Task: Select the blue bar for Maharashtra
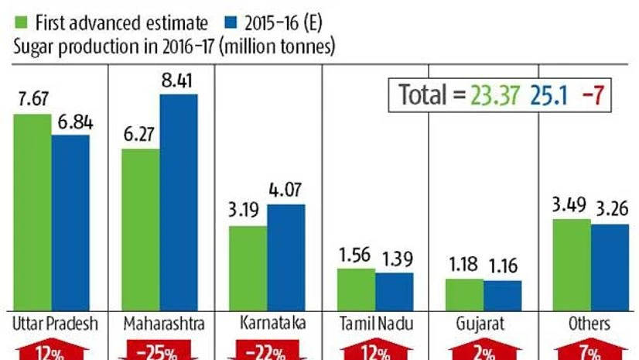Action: (x=179, y=202)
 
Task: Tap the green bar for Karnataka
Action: (x=248, y=268)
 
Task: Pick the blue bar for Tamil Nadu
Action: (x=395, y=291)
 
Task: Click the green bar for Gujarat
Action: (x=465, y=294)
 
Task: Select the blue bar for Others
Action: (x=610, y=267)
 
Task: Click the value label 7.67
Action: (x=32, y=101)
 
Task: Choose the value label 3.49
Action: (x=572, y=207)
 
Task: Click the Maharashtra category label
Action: (x=160, y=324)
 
